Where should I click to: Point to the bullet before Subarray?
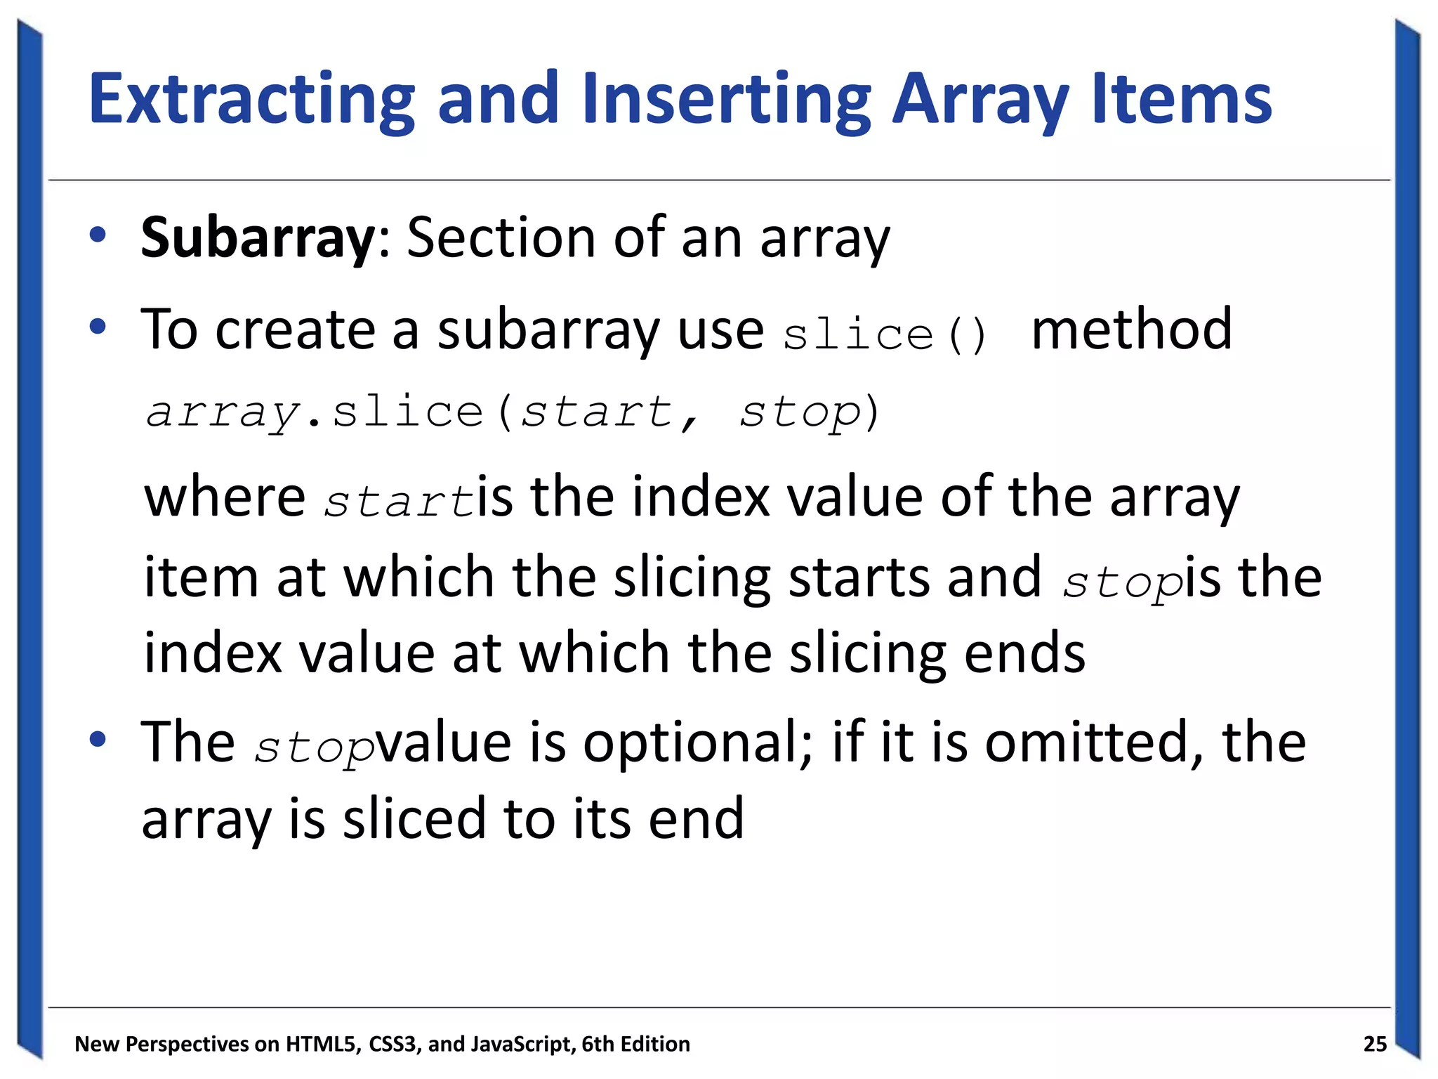click(x=98, y=235)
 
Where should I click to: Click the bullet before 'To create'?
click(x=98, y=327)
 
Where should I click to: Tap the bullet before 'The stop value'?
click(x=98, y=739)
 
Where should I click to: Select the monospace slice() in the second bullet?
click(x=885, y=334)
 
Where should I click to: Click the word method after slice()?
click(x=1131, y=329)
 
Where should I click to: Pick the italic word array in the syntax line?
click(x=223, y=413)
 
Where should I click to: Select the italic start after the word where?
click(x=399, y=502)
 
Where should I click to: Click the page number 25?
click(x=1375, y=1044)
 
